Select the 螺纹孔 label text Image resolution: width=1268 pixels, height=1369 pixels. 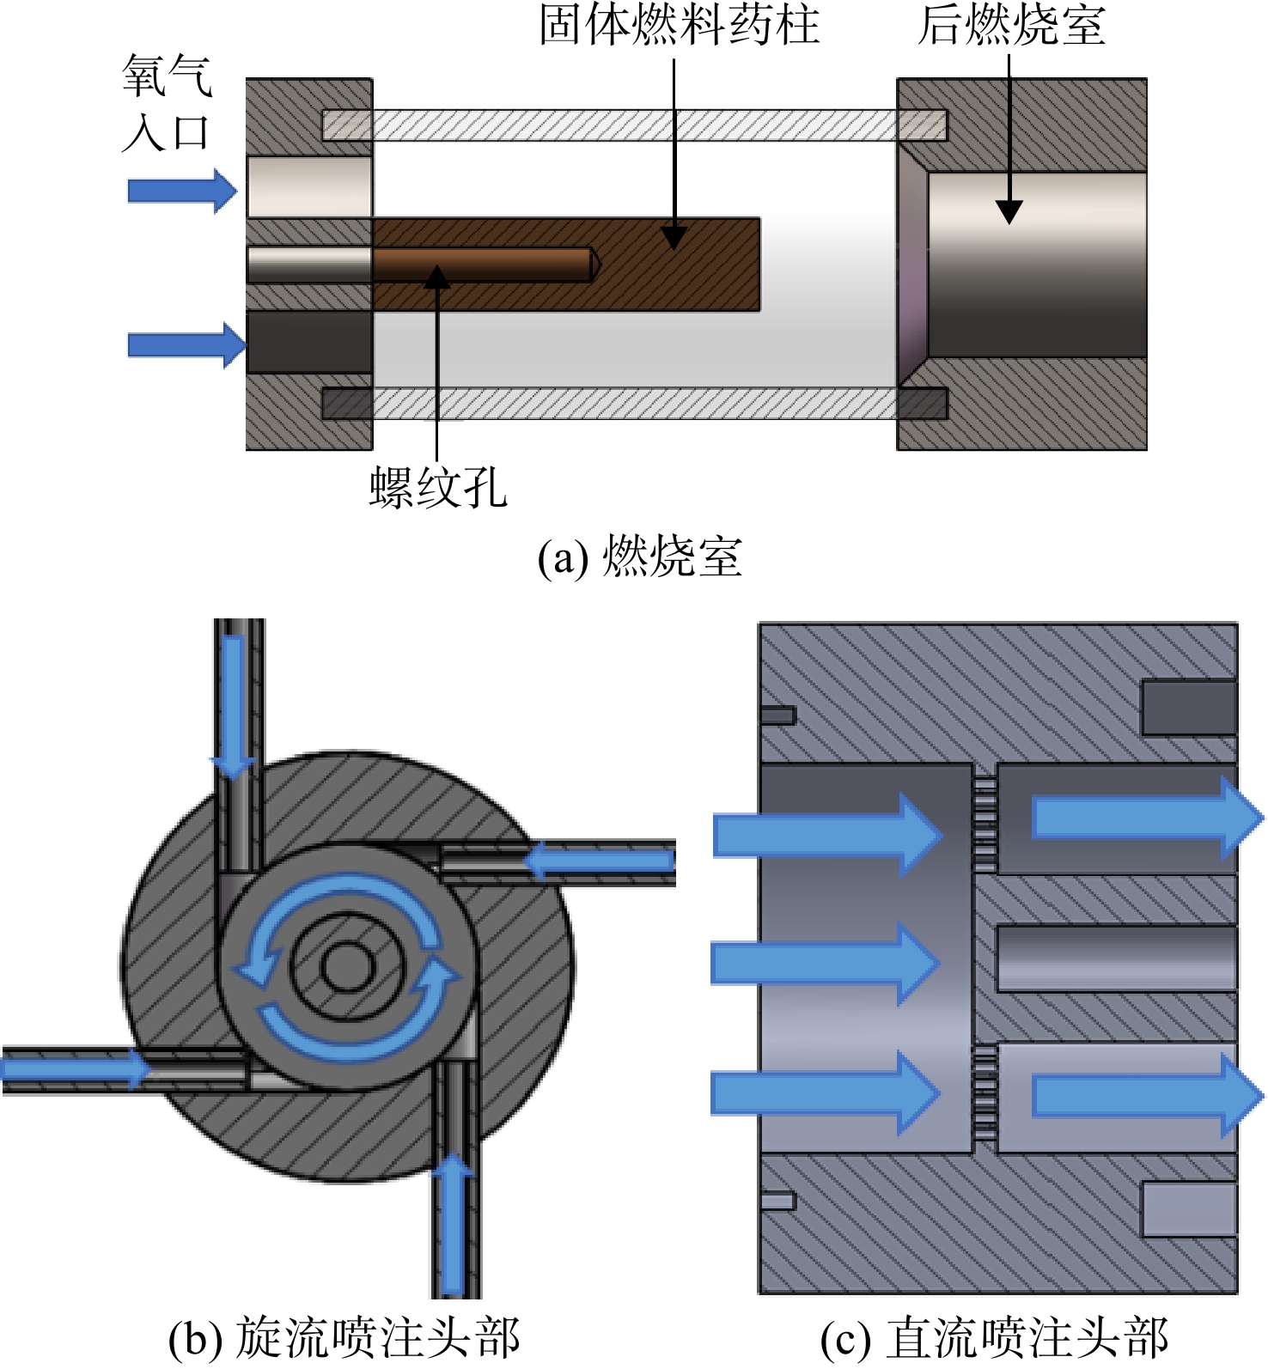(438, 488)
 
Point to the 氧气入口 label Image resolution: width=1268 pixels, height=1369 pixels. (167, 103)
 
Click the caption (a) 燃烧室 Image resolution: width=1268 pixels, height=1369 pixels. (640, 556)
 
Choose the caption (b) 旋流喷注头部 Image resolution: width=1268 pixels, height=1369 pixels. (344, 1338)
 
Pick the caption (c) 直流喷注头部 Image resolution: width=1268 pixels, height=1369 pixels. (994, 1338)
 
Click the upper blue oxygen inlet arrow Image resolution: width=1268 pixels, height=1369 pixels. (182, 190)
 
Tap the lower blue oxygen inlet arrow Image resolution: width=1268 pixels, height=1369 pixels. (186, 345)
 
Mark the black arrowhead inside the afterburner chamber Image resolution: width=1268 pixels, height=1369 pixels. (1009, 212)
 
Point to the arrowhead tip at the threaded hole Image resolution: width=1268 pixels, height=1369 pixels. (437, 266)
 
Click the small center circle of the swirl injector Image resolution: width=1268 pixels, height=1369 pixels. (347, 967)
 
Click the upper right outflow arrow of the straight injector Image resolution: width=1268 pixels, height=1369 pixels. (1148, 817)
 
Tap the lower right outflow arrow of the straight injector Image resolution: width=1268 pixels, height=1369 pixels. (1148, 1097)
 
